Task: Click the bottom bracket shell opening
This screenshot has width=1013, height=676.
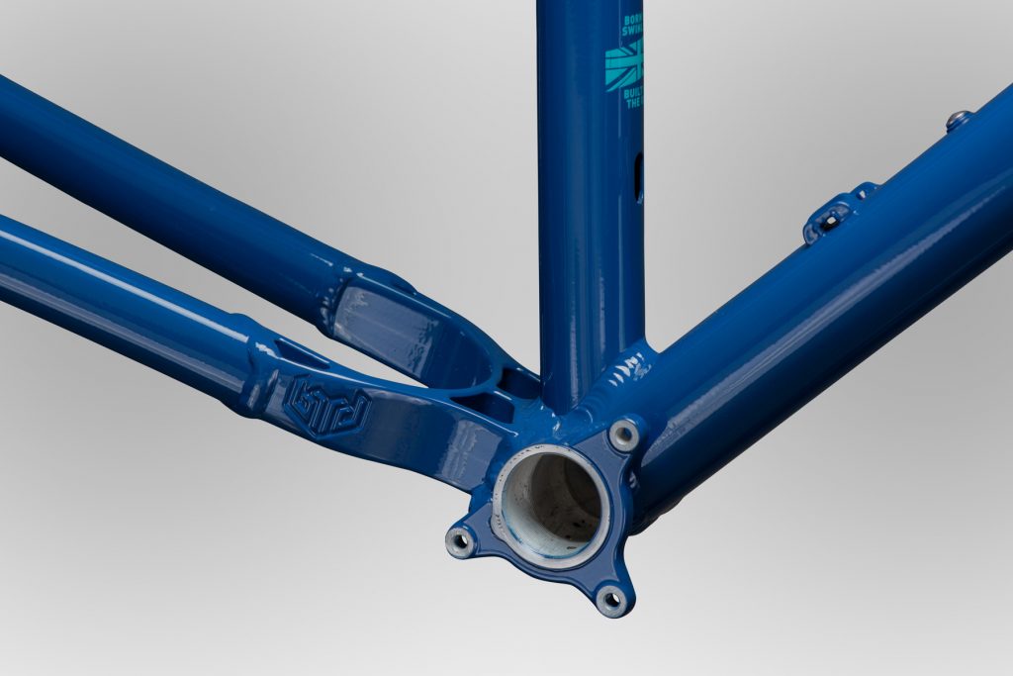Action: click(551, 506)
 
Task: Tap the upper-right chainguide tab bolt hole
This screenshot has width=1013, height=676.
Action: click(624, 434)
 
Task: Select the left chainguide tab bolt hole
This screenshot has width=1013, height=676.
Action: click(461, 540)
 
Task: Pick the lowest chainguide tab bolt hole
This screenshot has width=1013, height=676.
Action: click(612, 598)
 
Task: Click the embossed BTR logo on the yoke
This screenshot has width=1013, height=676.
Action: click(326, 405)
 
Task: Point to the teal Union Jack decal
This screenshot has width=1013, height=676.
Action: click(624, 67)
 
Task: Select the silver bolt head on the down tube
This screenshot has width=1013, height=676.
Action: click(956, 121)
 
